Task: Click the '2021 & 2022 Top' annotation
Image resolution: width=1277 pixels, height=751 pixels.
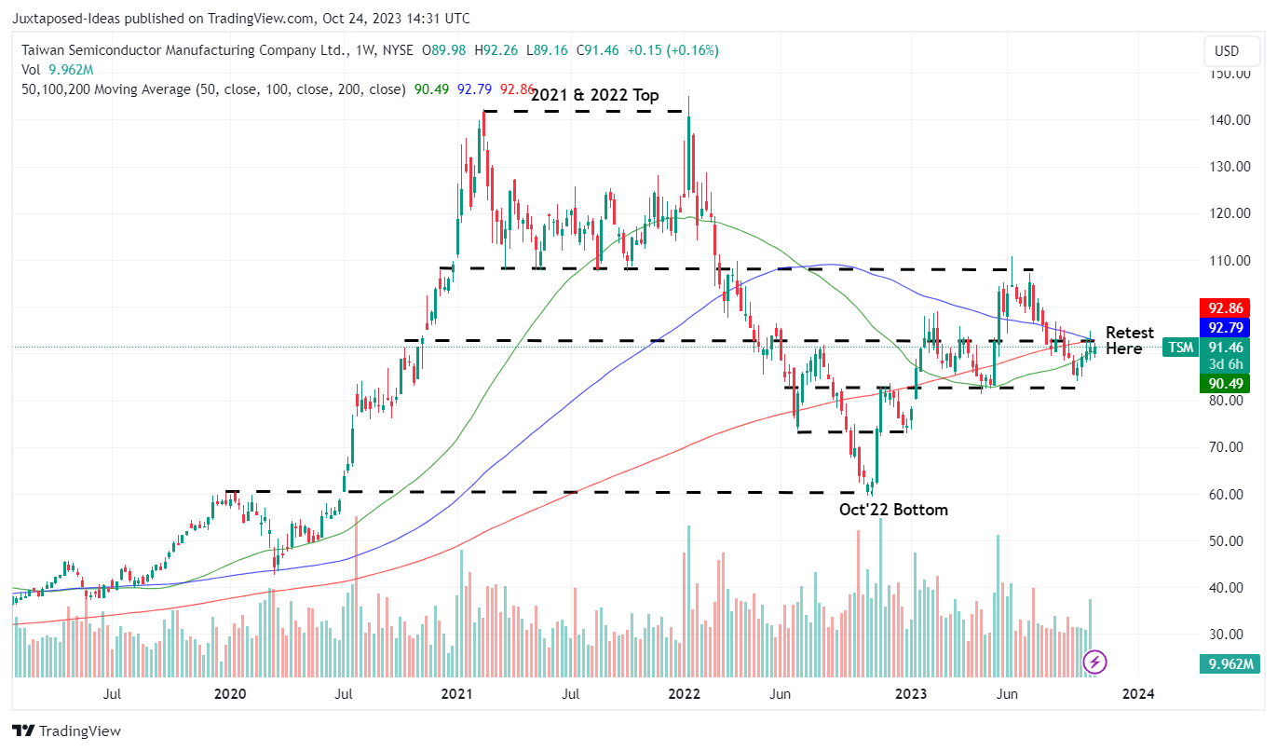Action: (x=594, y=95)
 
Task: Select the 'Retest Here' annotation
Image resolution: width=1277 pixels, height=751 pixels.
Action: (x=1129, y=341)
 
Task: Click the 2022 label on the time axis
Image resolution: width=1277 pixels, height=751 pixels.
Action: (x=685, y=694)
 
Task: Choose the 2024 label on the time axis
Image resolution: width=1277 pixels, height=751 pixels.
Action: (x=1138, y=694)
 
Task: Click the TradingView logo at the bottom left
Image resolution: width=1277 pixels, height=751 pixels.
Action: (x=66, y=731)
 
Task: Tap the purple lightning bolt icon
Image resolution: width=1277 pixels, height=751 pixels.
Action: (x=1096, y=662)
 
